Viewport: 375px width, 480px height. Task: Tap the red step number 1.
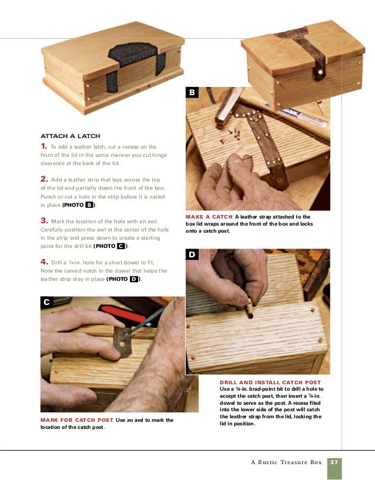(x=43, y=146)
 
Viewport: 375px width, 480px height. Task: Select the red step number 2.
(x=44, y=179)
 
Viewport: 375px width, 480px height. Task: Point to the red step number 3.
(x=44, y=220)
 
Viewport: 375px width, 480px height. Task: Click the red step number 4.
(x=44, y=261)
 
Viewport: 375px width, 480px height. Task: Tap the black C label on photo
(x=47, y=302)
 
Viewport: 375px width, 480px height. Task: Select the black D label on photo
(x=193, y=254)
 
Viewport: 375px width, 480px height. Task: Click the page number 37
(x=334, y=462)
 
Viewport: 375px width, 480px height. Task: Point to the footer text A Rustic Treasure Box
(x=286, y=462)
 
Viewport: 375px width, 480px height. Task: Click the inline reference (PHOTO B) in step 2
(x=79, y=205)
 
